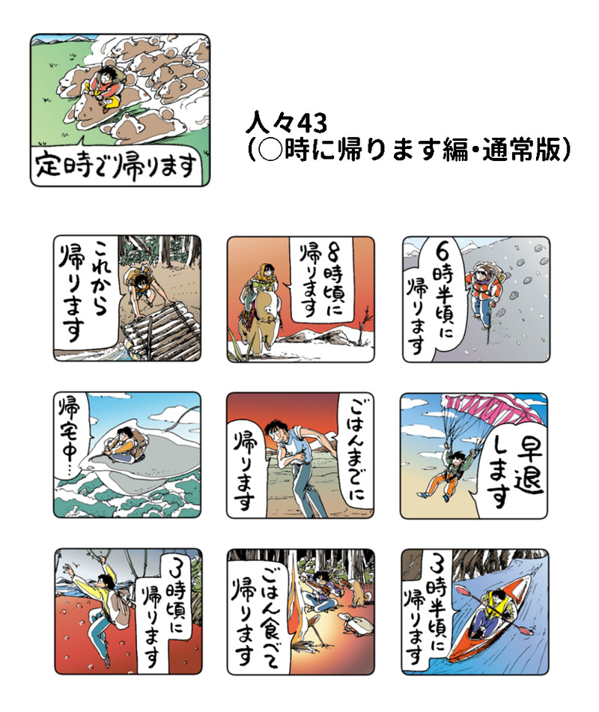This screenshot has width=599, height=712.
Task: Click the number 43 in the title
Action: [x=312, y=124]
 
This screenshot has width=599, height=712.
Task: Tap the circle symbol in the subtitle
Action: [x=271, y=150]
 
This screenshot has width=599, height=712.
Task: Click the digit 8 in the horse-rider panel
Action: [x=333, y=254]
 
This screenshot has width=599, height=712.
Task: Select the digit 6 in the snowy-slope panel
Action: [x=443, y=249]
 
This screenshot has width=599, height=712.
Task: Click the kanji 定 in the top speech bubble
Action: [x=49, y=164]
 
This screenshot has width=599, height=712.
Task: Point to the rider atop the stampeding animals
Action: [x=104, y=86]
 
